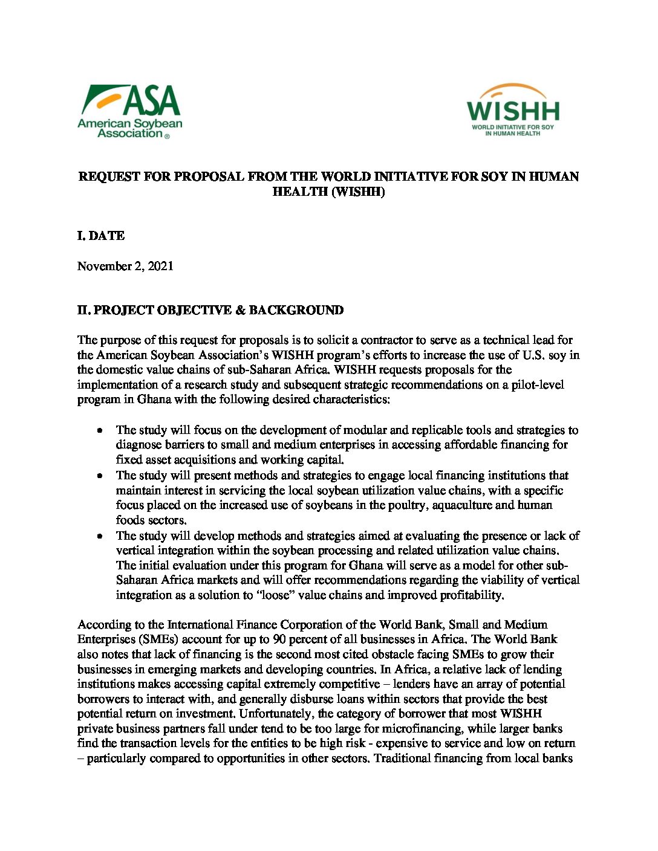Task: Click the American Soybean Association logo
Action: point(129,111)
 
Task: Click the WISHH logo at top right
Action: point(512,110)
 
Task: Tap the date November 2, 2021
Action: point(125,266)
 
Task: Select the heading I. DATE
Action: point(101,236)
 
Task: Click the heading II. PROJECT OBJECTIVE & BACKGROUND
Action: point(210,310)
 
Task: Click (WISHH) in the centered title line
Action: point(358,192)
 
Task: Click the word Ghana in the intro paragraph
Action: point(154,399)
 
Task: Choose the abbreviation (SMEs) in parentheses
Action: point(157,639)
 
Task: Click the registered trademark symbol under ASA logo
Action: point(167,137)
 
